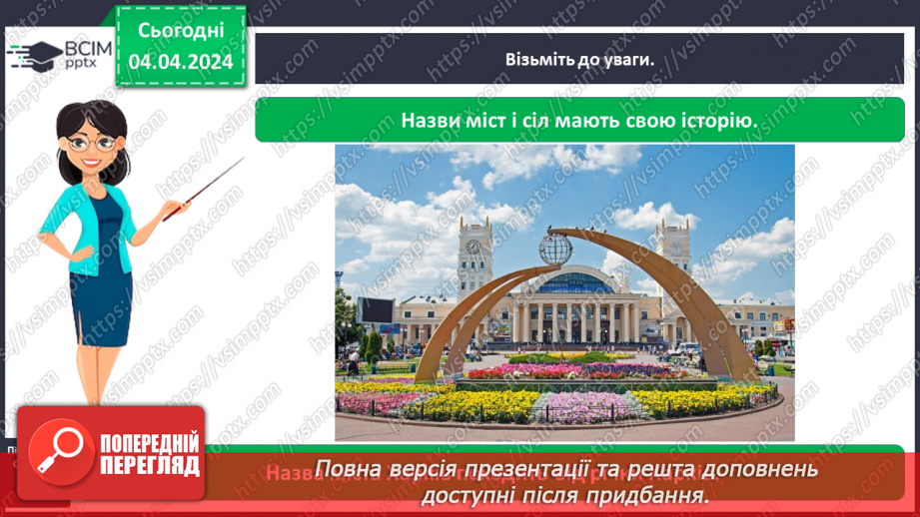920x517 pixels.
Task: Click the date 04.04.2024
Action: tap(181, 62)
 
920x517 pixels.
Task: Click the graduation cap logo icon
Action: tap(34, 54)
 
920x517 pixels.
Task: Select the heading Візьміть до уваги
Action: tap(579, 59)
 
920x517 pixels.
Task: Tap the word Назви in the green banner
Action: tap(432, 120)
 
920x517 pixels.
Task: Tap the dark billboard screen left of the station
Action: tap(376, 310)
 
